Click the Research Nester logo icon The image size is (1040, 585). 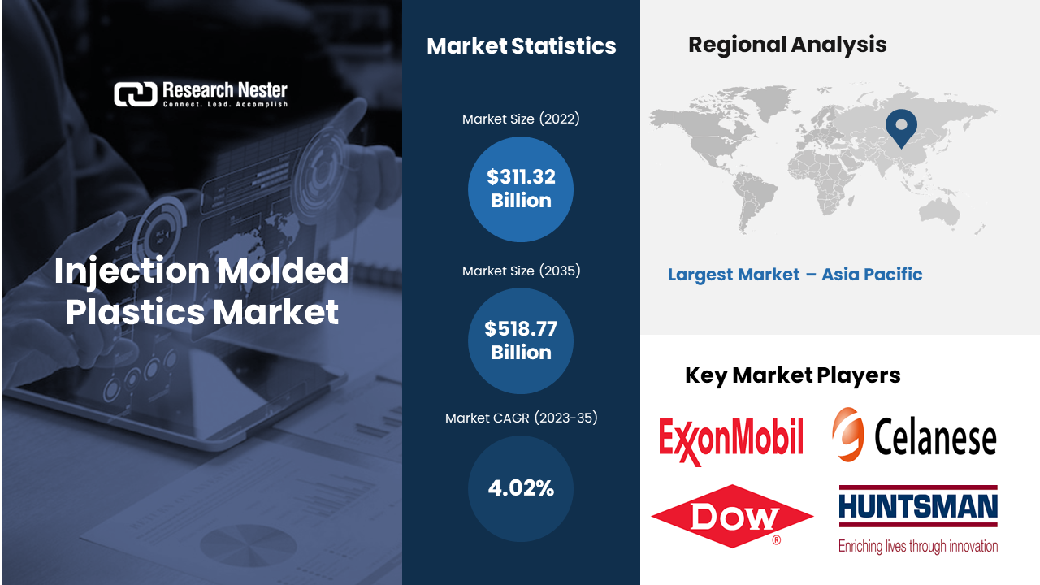pyautogui.click(x=136, y=94)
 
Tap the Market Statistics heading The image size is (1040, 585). pyautogui.click(x=522, y=46)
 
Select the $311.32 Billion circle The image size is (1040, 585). pyautogui.click(x=521, y=189)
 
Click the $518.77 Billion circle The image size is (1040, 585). pyautogui.click(x=521, y=340)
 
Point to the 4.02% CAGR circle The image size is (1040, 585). pyautogui.click(x=521, y=488)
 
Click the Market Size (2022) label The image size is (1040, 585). pyautogui.click(x=521, y=119)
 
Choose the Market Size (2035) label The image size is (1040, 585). pyautogui.click(x=521, y=271)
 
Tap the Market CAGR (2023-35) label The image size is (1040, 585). pyautogui.click(x=521, y=418)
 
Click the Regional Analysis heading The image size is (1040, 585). pyautogui.click(x=787, y=45)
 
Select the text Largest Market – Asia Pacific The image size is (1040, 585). pyautogui.click(x=795, y=275)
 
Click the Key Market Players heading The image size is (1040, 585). pyautogui.click(x=792, y=375)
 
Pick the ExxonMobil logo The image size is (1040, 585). pyautogui.click(x=731, y=440)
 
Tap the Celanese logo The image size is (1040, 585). pyautogui.click(x=914, y=435)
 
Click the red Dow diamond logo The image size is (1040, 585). pyautogui.click(x=732, y=516)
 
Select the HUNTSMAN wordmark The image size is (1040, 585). pyautogui.click(x=918, y=506)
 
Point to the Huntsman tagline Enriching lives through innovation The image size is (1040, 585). pyautogui.click(x=918, y=546)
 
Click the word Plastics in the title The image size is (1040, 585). pyautogui.click(x=135, y=312)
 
